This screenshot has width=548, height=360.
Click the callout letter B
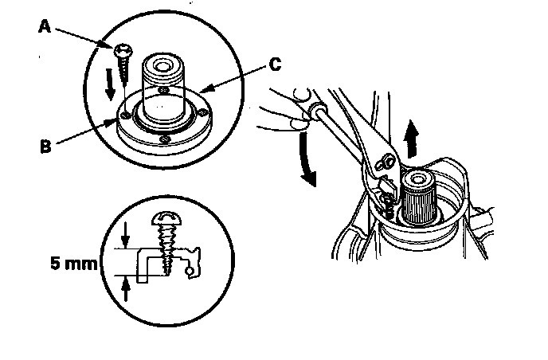[45, 147]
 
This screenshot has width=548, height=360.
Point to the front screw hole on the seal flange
[164, 140]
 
